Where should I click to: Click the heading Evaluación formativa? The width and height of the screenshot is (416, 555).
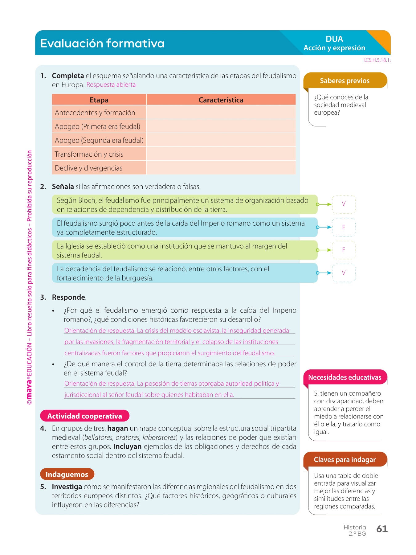102,43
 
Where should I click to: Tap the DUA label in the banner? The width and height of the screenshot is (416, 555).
334,39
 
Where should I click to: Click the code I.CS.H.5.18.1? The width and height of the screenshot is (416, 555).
377,60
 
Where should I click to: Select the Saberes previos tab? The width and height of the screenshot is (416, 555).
345,81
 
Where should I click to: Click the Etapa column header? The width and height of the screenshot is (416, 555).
99,100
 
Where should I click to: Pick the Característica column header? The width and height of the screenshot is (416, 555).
221,100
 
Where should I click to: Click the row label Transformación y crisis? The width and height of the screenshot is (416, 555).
89,154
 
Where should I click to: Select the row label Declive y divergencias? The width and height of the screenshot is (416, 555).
88,168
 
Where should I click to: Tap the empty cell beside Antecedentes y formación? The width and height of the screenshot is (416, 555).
221,113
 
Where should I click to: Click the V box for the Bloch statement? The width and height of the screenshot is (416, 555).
344,204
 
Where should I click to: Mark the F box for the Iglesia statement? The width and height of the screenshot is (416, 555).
344,250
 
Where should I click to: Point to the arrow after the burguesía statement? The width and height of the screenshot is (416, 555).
324,273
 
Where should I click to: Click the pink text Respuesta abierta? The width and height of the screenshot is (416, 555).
111,85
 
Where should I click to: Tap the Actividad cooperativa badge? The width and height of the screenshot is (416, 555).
85,416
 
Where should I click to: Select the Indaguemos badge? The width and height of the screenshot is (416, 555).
67,474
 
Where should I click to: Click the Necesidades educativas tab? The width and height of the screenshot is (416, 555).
345,377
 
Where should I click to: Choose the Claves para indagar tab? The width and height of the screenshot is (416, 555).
345,460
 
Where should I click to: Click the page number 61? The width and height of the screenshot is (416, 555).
382,529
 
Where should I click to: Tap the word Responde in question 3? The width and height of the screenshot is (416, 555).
68,297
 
